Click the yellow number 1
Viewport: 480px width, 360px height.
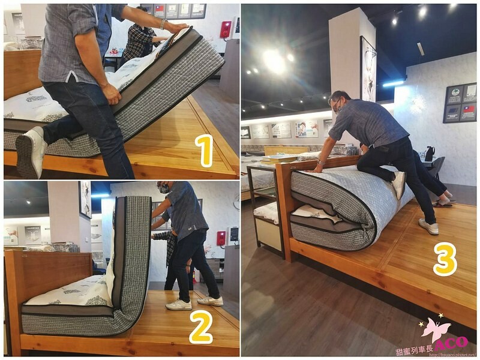click(x=206, y=151)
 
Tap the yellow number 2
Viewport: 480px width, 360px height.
click(x=201, y=327)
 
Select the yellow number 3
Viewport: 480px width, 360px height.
click(x=445, y=259)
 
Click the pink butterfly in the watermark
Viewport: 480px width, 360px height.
click(x=436, y=330)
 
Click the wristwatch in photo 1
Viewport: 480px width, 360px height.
click(x=163, y=24)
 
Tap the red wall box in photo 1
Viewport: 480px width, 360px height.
click(x=226, y=29)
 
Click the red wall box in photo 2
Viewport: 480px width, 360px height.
click(x=221, y=238)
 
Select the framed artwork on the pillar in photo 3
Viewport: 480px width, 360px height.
click(x=368, y=69)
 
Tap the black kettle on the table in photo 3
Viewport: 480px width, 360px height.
click(x=430, y=154)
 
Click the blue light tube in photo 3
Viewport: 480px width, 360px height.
click(x=394, y=83)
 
